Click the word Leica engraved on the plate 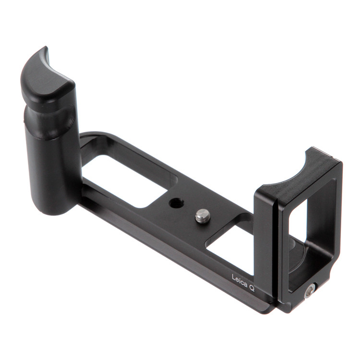[x=240, y=280]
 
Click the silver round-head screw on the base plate [x=202, y=216]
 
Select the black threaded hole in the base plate [x=176, y=203]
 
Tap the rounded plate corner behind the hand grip [x=89, y=137]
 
